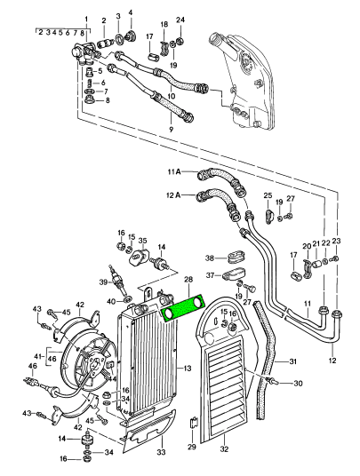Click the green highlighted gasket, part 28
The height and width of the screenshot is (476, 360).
point(184,309)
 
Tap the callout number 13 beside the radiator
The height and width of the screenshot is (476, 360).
point(188,369)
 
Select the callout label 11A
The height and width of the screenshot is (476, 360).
point(174,172)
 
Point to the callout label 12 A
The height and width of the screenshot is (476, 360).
point(173,195)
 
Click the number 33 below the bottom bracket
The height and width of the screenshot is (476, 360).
point(162,452)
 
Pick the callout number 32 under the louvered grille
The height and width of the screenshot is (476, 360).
point(224,448)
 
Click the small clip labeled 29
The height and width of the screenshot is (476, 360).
point(194,423)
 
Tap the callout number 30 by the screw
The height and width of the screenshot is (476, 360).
point(298,384)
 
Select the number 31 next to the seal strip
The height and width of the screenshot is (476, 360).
point(292,361)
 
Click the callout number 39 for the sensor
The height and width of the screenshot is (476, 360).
point(104,282)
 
